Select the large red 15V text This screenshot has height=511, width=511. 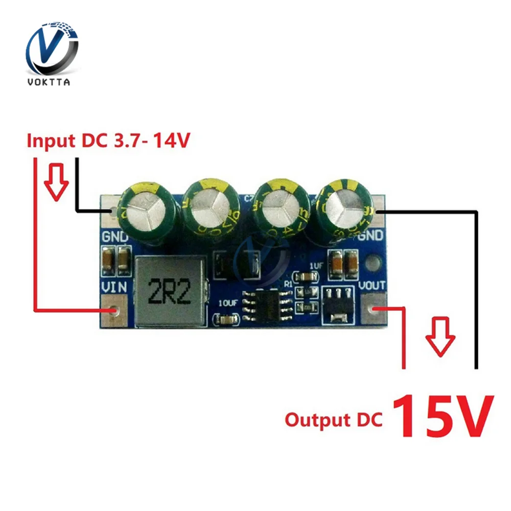pyautogui.click(x=443, y=416)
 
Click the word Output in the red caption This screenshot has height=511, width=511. pyautogui.click(x=315, y=420)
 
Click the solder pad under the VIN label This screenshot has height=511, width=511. pyautogui.click(x=114, y=309)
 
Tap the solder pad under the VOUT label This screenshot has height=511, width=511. pyautogui.click(x=376, y=309)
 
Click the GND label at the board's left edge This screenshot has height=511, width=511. pyautogui.click(x=115, y=238)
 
